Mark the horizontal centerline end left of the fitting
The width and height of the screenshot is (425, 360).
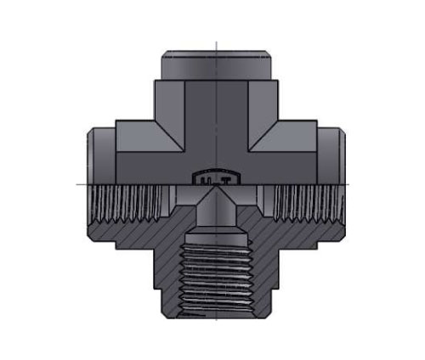(78, 183)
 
